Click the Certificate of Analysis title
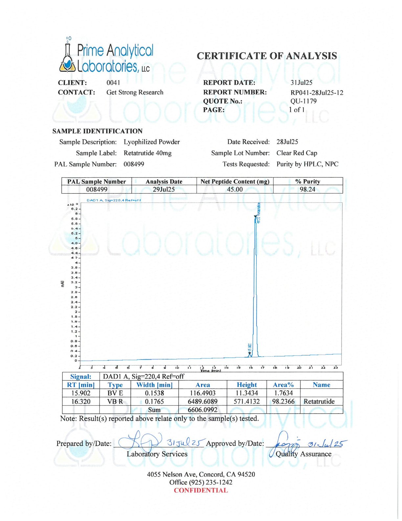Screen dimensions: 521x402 [x=267, y=56]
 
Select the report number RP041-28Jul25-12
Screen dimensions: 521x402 [x=317, y=93]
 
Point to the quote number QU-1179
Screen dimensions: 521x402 [x=303, y=101]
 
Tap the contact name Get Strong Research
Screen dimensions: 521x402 [x=135, y=92]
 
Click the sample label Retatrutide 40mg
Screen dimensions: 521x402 [x=147, y=153]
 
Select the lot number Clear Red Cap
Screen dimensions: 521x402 [x=297, y=153]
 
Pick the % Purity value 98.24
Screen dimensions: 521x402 [x=307, y=189]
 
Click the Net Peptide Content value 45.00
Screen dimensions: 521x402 [x=235, y=189]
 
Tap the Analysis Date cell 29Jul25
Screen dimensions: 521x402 [x=164, y=189]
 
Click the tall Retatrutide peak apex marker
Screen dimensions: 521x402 [x=256, y=216]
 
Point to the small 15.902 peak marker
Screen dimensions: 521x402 [x=250, y=354]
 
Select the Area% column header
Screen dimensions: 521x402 [x=283, y=385]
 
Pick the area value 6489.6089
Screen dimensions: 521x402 [x=203, y=402]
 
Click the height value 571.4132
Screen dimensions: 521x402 [x=247, y=402]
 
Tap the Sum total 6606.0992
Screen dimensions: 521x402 [x=203, y=410]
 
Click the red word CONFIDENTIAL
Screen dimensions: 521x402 [x=201, y=491]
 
